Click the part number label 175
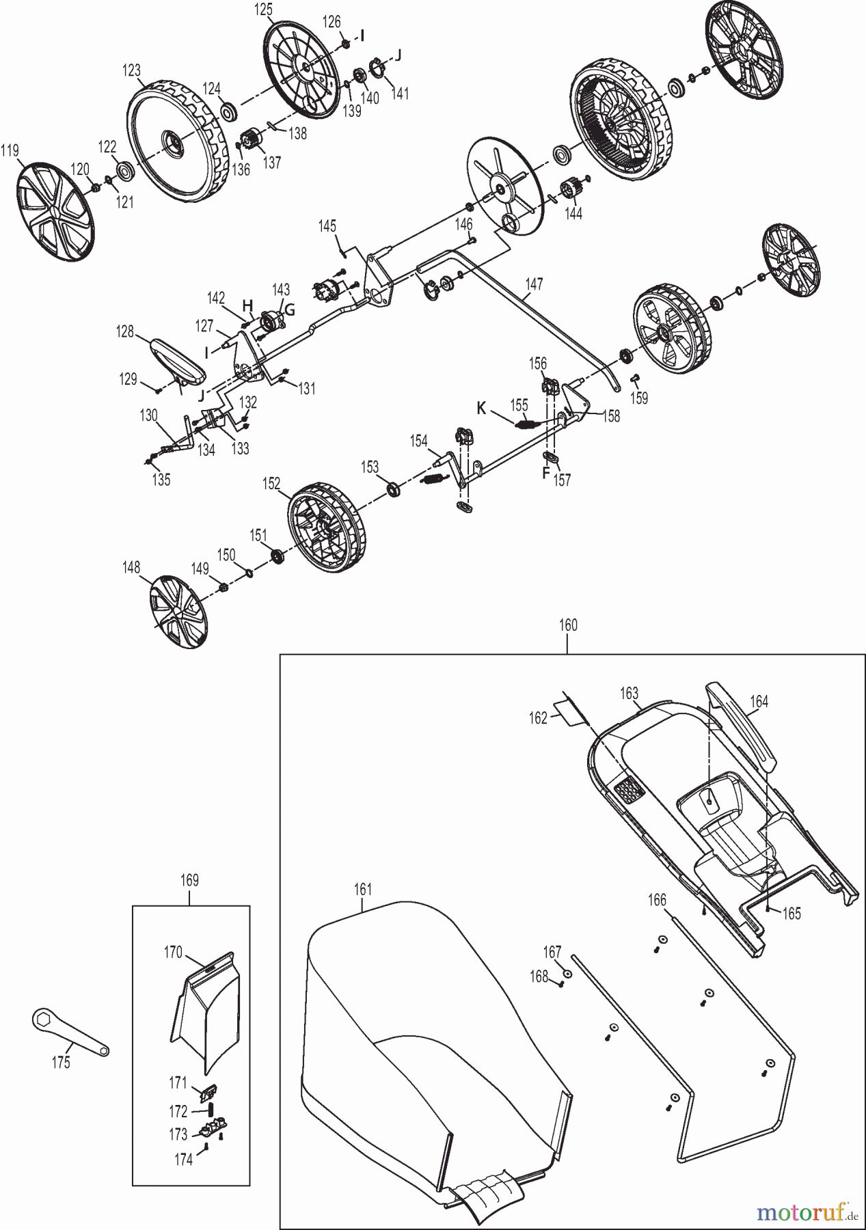pos(61,1063)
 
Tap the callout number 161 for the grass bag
pos(363,889)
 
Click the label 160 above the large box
pos(568,625)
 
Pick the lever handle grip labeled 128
pos(179,359)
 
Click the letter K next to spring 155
pos(482,409)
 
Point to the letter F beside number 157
pos(545,472)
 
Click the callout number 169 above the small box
pos(189,880)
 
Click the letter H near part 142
pos(247,305)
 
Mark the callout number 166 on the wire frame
pos(657,900)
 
